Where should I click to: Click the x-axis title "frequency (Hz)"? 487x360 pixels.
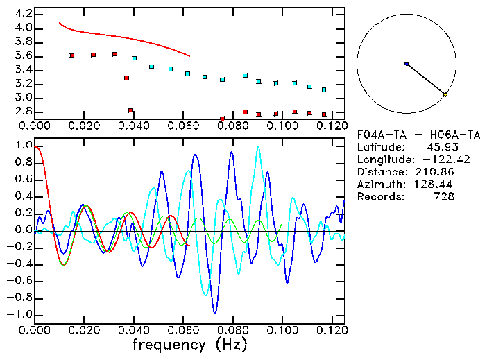(189, 345)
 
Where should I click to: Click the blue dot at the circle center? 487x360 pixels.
(407, 64)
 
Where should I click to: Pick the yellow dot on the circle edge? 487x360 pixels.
(445, 94)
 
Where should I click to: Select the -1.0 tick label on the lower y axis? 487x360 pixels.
(19, 314)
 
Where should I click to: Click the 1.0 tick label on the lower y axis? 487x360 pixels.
(23, 146)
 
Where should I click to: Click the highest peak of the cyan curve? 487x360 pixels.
(258, 146)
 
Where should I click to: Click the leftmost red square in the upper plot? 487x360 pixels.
(72, 55)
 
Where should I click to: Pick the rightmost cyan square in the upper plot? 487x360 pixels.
(324, 90)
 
